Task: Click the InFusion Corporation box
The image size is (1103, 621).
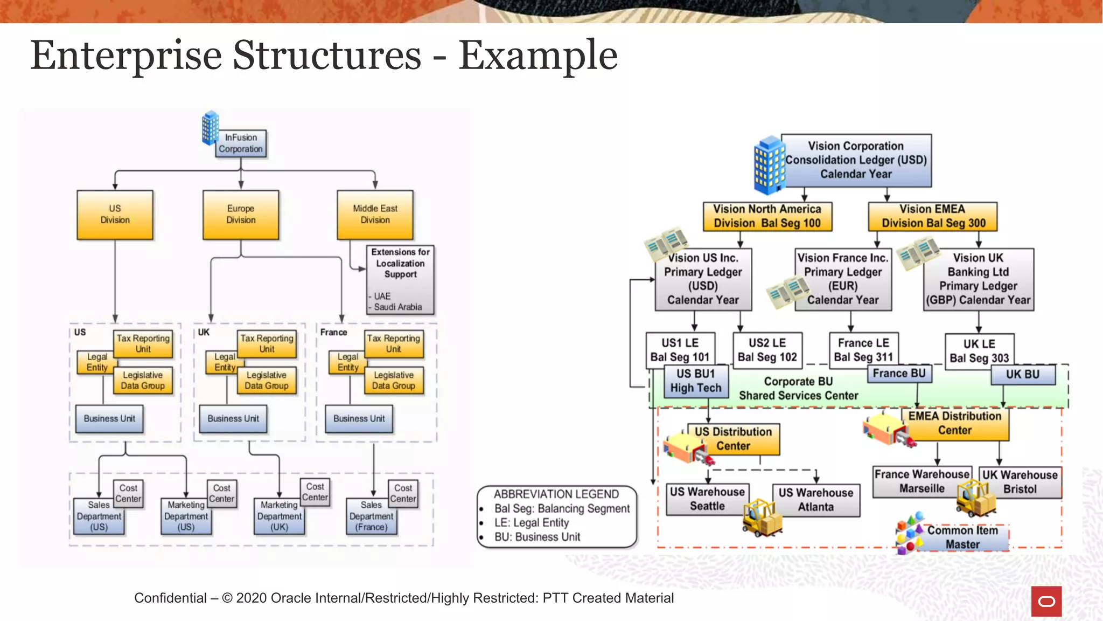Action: pyautogui.click(x=241, y=143)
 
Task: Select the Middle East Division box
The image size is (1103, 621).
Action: pyautogui.click(x=375, y=215)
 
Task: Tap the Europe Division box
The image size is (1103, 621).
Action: pyautogui.click(x=241, y=215)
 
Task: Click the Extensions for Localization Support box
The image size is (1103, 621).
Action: pyautogui.click(x=401, y=279)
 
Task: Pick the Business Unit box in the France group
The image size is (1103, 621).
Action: pyautogui.click(x=359, y=419)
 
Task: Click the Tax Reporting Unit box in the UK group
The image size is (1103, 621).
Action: pyautogui.click(x=267, y=344)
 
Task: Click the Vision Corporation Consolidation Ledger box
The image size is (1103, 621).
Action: pyautogui.click(x=856, y=160)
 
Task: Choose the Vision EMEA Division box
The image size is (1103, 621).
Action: pyautogui.click(x=932, y=216)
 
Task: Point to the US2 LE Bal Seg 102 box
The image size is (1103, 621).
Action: pyautogui.click(x=767, y=350)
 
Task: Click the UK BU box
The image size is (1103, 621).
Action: pyautogui.click(x=1022, y=375)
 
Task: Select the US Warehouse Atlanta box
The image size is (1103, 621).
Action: pyautogui.click(x=815, y=500)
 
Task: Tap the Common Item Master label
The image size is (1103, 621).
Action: pyautogui.click(x=962, y=537)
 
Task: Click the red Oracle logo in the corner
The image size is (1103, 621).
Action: pyautogui.click(x=1046, y=601)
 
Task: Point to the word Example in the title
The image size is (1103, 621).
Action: pyautogui.click(x=537, y=56)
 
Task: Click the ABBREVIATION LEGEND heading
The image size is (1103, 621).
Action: pyautogui.click(x=556, y=494)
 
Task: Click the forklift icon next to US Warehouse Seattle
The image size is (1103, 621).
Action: pyautogui.click(x=762, y=517)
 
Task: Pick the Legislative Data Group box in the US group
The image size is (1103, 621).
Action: pyautogui.click(x=143, y=381)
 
